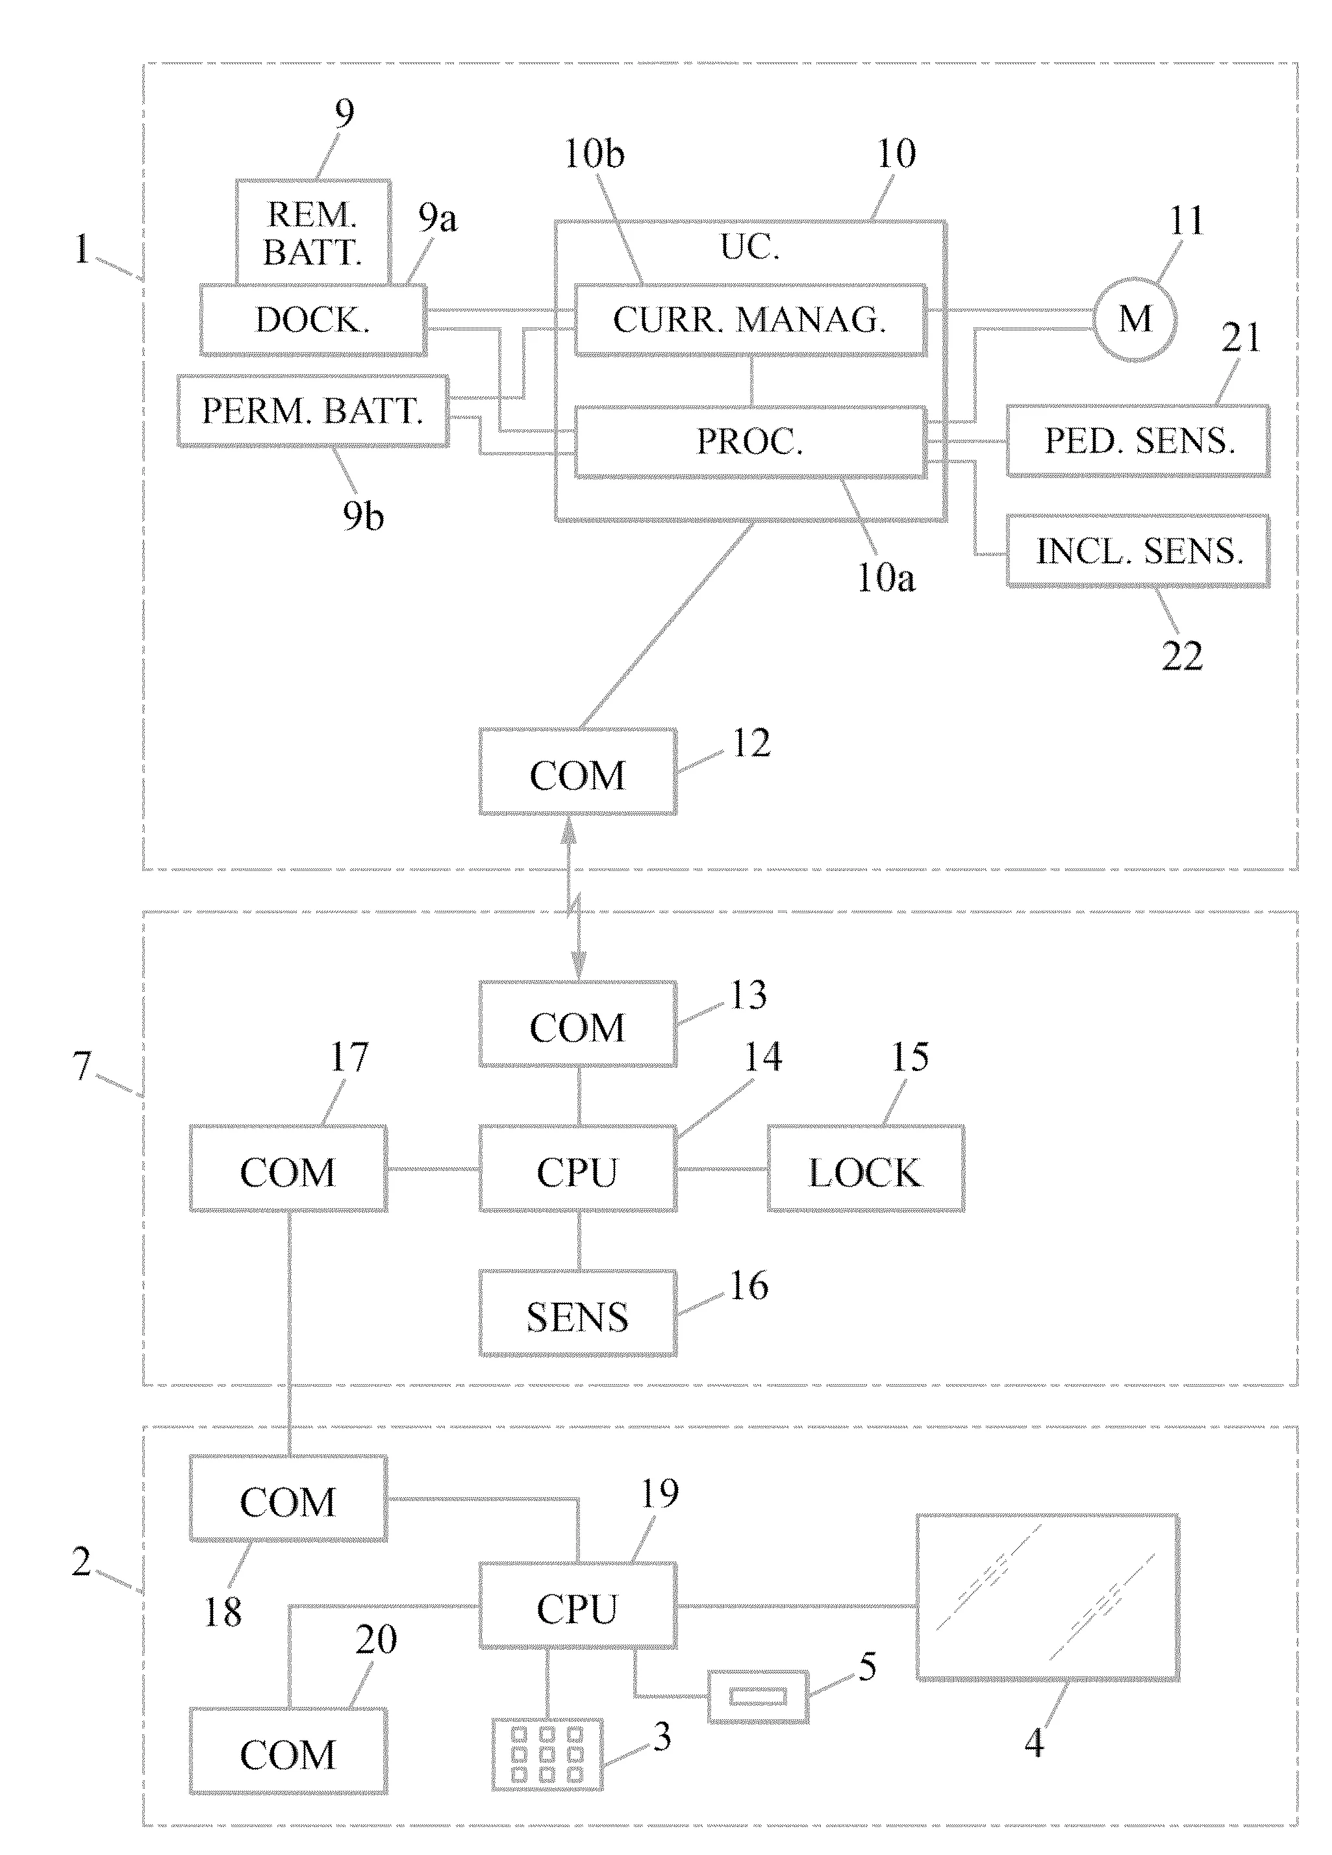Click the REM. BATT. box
click(x=313, y=233)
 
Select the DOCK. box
click(x=313, y=320)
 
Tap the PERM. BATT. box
click(x=313, y=410)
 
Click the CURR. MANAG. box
click(x=750, y=320)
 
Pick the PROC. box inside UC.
click(x=750, y=442)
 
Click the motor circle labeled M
click(x=1136, y=319)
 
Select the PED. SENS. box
click(x=1137, y=441)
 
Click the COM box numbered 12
click(x=577, y=771)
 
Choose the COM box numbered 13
click(x=577, y=1024)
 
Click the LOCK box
click(x=865, y=1168)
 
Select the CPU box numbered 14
click(x=577, y=1168)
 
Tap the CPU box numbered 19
click(x=577, y=1606)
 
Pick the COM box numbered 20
click(x=288, y=1750)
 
